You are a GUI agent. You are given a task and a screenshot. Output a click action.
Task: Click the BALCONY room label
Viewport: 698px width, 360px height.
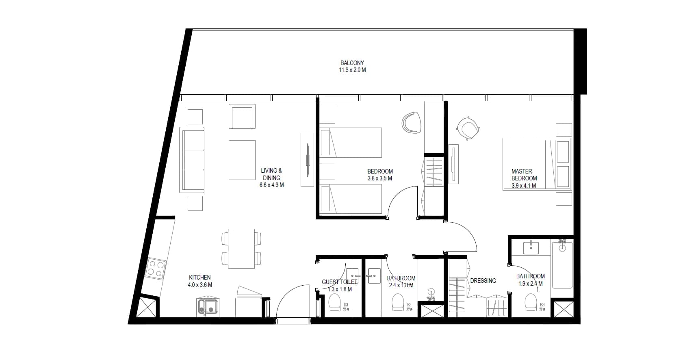(x=352, y=63)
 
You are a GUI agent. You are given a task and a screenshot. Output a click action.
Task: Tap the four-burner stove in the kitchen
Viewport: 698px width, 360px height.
(x=156, y=269)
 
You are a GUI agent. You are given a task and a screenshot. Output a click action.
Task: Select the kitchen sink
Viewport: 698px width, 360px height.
(x=208, y=307)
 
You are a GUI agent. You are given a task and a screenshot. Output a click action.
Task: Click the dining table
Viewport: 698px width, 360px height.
(x=241, y=249)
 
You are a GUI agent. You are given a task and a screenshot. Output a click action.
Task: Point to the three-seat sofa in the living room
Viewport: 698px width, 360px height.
(x=192, y=160)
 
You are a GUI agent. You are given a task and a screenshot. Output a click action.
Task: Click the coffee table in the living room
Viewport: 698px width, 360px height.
(x=242, y=160)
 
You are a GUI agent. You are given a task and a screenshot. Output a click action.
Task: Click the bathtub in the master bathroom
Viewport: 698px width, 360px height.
(x=562, y=265)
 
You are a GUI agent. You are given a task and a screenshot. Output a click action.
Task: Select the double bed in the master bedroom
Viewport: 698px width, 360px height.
(x=537, y=164)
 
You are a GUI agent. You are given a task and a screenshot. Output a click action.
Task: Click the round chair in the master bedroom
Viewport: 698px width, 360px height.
(x=468, y=128)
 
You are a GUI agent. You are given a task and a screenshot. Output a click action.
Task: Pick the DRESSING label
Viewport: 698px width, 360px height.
(x=483, y=281)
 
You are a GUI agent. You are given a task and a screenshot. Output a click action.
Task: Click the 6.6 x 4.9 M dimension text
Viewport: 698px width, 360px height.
(x=271, y=185)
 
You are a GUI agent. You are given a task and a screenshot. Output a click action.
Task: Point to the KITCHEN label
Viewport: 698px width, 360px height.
(x=200, y=278)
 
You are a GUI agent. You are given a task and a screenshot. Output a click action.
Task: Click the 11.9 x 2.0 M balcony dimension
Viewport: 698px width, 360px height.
(x=352, y=70)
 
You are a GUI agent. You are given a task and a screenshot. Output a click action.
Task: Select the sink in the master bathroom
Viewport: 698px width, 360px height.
(x=531, y=248)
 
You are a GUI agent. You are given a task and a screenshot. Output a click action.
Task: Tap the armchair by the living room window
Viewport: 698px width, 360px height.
(x=242, y=117)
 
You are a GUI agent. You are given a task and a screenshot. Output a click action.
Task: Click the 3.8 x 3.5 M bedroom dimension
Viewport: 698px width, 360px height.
(x=380, y=178)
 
